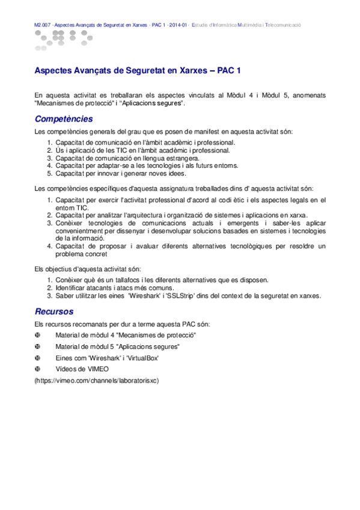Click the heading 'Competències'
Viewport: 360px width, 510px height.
tap(64, 118)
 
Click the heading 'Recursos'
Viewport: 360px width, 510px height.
tap(54, 312)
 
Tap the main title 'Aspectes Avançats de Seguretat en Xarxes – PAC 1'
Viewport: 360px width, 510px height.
tap(138, 71)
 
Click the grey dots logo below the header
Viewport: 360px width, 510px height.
tap(59, 38)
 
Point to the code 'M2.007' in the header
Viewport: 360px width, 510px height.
tap(43, 25)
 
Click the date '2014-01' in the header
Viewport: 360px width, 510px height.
tap(177, 25)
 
